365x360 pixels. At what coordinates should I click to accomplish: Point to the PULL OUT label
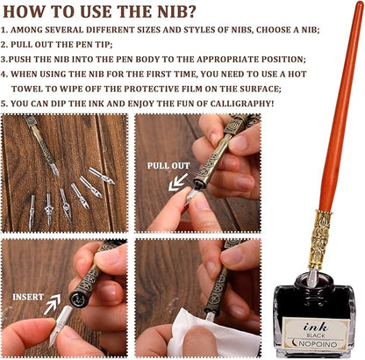tap(168, 166)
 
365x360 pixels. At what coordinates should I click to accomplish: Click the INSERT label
tap(28, 297)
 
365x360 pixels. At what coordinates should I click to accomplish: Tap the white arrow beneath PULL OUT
tap(178, 183)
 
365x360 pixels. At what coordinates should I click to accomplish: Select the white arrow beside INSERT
tap(52, 305)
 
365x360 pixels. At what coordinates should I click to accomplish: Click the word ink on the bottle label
tap(315, 327)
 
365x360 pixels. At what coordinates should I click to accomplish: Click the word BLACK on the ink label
tap(316, 335)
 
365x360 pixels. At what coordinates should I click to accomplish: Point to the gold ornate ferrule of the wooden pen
tap(320, 240)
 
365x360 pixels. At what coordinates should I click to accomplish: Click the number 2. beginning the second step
tap(4, 45)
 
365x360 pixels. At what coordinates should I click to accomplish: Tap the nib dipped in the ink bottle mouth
tap(313, 278)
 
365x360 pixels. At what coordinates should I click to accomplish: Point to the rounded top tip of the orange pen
tap(360, 4)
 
